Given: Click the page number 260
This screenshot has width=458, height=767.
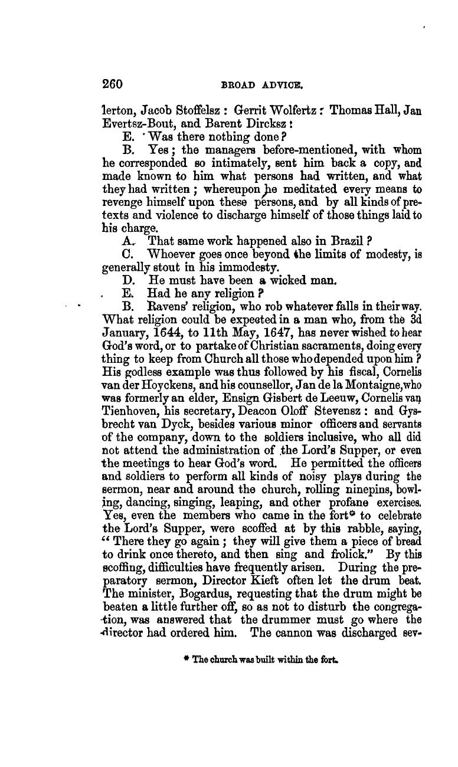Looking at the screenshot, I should tap(112, 84).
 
